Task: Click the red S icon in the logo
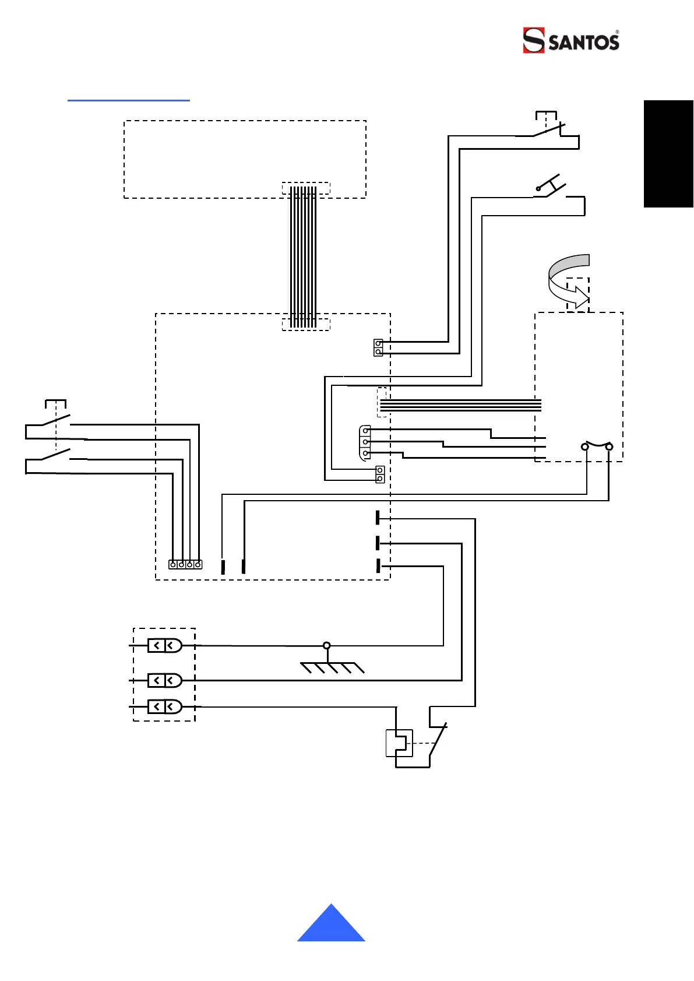533,40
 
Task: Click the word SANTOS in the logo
583,43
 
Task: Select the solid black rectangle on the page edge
668,154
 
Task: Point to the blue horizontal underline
129,101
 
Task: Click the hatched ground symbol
333,667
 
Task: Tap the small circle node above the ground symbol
327,645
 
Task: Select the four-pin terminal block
185,564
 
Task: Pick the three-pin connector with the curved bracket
365,442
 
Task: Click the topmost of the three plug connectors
165,645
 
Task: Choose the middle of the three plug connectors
165,680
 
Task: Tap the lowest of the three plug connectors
165,707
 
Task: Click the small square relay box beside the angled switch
399,743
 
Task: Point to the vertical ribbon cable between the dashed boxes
303,256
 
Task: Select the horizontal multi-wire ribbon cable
460,405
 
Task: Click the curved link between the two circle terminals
597,444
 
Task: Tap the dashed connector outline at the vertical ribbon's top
306,188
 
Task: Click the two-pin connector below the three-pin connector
380,474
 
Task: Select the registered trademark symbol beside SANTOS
617,32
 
